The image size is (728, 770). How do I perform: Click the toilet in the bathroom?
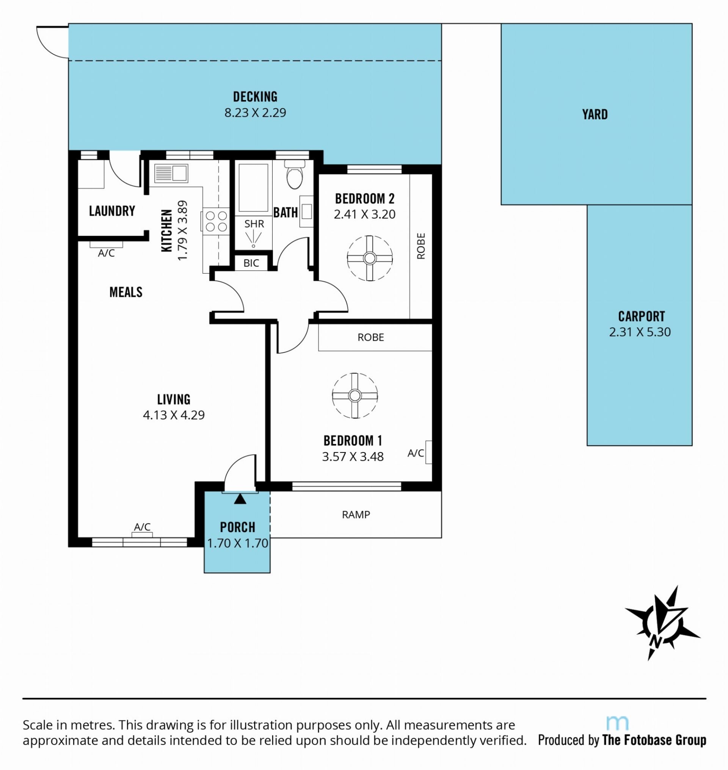pyautogui.click(x=295, y=174)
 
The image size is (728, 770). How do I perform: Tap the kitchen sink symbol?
pyautogui.click(x=171, y=173)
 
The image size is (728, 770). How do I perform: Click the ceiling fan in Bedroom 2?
pyautogui.click(x=369, y=258)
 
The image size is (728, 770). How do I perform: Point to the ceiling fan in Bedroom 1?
pyautogui.click(x=355, y=396)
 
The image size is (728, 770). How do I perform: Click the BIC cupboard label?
pyautogui.click(x=251, y=263)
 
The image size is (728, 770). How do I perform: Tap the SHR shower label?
pyautogui.click(x=254, y=224)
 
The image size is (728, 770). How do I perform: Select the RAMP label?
pyautogui.click(x=356, y=514)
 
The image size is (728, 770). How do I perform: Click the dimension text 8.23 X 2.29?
pyautogui.click(x=255, y=113)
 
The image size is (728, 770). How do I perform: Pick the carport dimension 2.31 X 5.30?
pyautogui.click(x=640, y=332)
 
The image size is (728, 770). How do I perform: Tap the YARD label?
pyautogui.click(x=595, y=114)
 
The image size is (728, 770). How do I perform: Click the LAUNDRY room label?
pyautogui.click(x=112, y=211)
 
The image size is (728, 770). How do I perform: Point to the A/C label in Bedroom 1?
pyautogui.click(x=416, y=453)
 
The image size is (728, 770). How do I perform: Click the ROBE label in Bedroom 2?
pyautogui.click(x=421, y=246)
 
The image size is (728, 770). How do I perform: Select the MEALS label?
pyautogui.click(x=126, y=292)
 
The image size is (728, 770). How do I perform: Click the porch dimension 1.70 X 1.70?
pyautogui.click(x=237, y=543)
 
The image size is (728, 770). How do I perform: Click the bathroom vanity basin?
pyautogui.click(x=307, y=211)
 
